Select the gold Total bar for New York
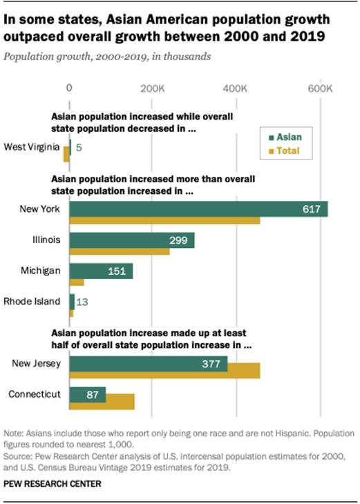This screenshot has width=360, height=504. click(x=164, y=220)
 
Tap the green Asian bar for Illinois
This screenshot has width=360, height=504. click(x=131, y=240)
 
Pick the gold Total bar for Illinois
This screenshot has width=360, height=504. click(x=119, y=252)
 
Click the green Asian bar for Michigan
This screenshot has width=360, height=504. click(x=100, y=271)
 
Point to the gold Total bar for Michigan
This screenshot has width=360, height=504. click(x=76, y=282)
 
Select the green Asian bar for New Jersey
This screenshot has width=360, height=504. click(x=148, y=364)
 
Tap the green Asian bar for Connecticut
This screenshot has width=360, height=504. click(x=87, y=395)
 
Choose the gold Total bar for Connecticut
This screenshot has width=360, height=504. click(x=102, y=402)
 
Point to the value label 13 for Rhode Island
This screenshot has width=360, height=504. click(x=82, y=302)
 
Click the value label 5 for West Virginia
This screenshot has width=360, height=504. click(x=79, y=147)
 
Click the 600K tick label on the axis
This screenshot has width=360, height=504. click(x=319, y=88)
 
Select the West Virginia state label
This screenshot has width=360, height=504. click(x=32, y=146)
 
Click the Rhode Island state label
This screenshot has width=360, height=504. click(x=32, y=301)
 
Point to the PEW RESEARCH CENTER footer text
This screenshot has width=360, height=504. click(x=52, y=484)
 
